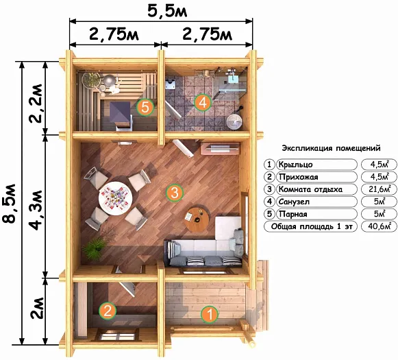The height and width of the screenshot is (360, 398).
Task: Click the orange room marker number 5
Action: tap(145, 107)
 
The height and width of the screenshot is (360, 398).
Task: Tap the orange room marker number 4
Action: tap(203, 103)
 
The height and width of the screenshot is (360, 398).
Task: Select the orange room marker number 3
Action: tap(175, 193)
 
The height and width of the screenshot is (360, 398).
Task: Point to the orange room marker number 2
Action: tap(108, 311)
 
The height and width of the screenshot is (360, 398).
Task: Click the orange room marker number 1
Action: tap(210, 314)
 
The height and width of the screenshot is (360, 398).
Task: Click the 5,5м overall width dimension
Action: tap(167, 11)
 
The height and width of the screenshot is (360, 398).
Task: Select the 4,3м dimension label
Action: tap(36, 210)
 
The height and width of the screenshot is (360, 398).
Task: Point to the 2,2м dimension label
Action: tap(36, 103)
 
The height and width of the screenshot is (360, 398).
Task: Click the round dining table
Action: tap(116, 198)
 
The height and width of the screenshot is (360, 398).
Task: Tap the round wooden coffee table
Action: tap(197, 219)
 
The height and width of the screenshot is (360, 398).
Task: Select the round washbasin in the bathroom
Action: tap(234, 123)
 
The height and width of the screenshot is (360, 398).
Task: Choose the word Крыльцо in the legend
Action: tap(295, 165)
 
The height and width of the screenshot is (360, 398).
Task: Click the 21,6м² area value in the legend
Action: tap(380, 189)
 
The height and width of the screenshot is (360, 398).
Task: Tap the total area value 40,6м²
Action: tap(380, 226)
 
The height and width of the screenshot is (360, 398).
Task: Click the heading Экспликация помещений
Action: tap(332, 148)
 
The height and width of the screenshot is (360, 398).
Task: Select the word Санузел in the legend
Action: tap(294, 202)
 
